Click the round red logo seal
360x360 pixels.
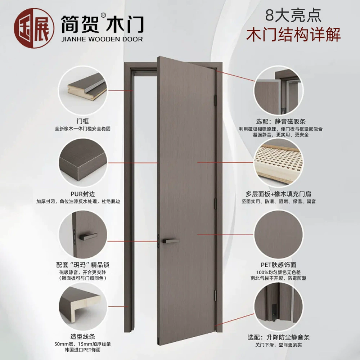pyautogui.click(x=34, y=28)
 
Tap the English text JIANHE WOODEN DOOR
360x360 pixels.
pyautogui.click(x=102, y=39)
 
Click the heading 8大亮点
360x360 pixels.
pyautogui.click(x=293, y=15)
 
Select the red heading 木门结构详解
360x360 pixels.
pyautogui.click(x=293, y=35)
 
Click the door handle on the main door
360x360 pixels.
pyautogui.click(x=171, y=241)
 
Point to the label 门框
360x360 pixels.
pyautogui.click(x=83, y=121)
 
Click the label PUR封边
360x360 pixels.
pyautogui.click(x=83, y=194)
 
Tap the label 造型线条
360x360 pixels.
pyautogui.click(x=83, y=337)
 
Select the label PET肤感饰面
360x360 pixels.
pyautogui.click(x=278, y=265)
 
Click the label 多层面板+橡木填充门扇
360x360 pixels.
pyautogui.click(x=278, y=194)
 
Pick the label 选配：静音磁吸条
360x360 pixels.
pyautogui.click(x=280, y=121)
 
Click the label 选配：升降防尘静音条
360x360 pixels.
pyautogui.click(x=279, y=337)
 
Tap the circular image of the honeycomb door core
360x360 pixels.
pyautogui.click(x=279, y=163)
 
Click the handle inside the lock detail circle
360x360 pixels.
pyautogui.click(x=88, y=236)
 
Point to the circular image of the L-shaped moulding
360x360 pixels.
pyautogui.click(x=83, y=306)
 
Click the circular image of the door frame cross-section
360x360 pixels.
pyautogui.click(x=83, y=90)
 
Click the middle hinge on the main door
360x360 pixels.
pyautogui.click(x=216, y=203)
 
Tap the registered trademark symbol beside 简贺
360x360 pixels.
pyautogui.click(x=103, y=15)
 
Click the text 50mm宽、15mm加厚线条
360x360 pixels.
pyautogui.click(x=83, y=344)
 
